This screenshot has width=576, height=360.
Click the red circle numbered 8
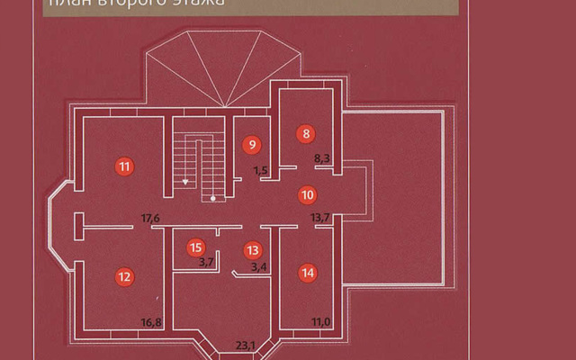click(306, 134)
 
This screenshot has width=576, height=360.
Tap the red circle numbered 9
click(252, 144)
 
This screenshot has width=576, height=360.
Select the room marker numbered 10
click(306, 193)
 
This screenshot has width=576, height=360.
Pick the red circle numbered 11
click(124, 166)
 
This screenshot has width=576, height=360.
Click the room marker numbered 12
click(124, 275)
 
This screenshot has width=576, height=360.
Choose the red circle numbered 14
click(308, 272)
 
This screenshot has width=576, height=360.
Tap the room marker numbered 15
click(195, 247)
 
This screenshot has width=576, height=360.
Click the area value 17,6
click(150, 218)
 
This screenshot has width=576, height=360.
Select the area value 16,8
click(150, 322)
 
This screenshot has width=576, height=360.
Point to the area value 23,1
click(247, 343)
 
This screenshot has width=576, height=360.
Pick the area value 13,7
click(320, 218)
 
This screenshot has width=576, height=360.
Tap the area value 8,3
click(321, 158)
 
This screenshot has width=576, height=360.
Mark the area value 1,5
click(261, 170)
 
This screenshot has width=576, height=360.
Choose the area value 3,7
click(206, 262)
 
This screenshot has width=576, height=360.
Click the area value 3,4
click(258, 266)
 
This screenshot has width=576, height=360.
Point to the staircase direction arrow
click(185, 182)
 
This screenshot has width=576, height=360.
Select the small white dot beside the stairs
click(212, 196)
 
